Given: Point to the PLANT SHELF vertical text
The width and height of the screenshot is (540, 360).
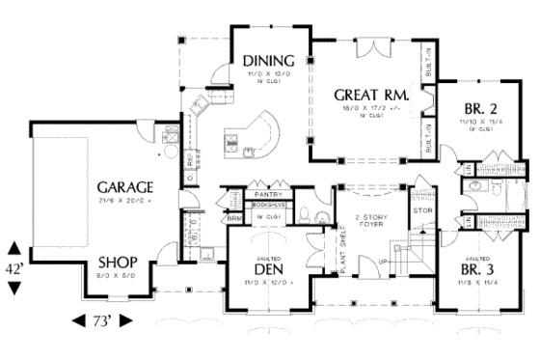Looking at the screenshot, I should (344, 255).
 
